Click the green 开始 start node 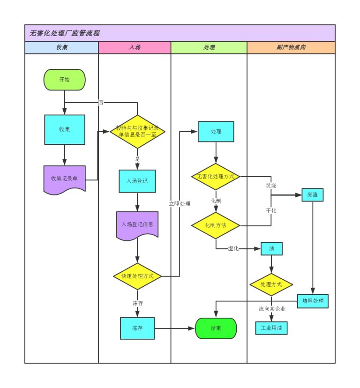click(x=64, y=80)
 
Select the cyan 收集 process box click(x=65, y=129)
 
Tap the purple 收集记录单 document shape click(x=65, y=179)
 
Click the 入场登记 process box click(x=137, y=181)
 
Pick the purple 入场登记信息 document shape click(x=137, y=225)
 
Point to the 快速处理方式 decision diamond click(x=137, y=276)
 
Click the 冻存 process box click(x=137, y=328)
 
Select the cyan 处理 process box click(x=216, y=132)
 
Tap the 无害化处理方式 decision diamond click(x=216, y=177)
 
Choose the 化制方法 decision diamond click(x=216, y=225)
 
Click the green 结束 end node click(x=216, y=328)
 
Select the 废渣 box click(x=312, y=195)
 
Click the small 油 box click(x=271, y=249)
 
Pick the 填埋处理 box click(x=313, y=301)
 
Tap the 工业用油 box click(x=271, y=328)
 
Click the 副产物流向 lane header click(x=291, y=47)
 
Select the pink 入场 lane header click(x=135, y=47)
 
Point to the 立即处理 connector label click(x=180, y=204)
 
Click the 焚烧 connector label click(x=271, y=186)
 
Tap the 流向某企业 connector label click(x=272, y=309)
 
